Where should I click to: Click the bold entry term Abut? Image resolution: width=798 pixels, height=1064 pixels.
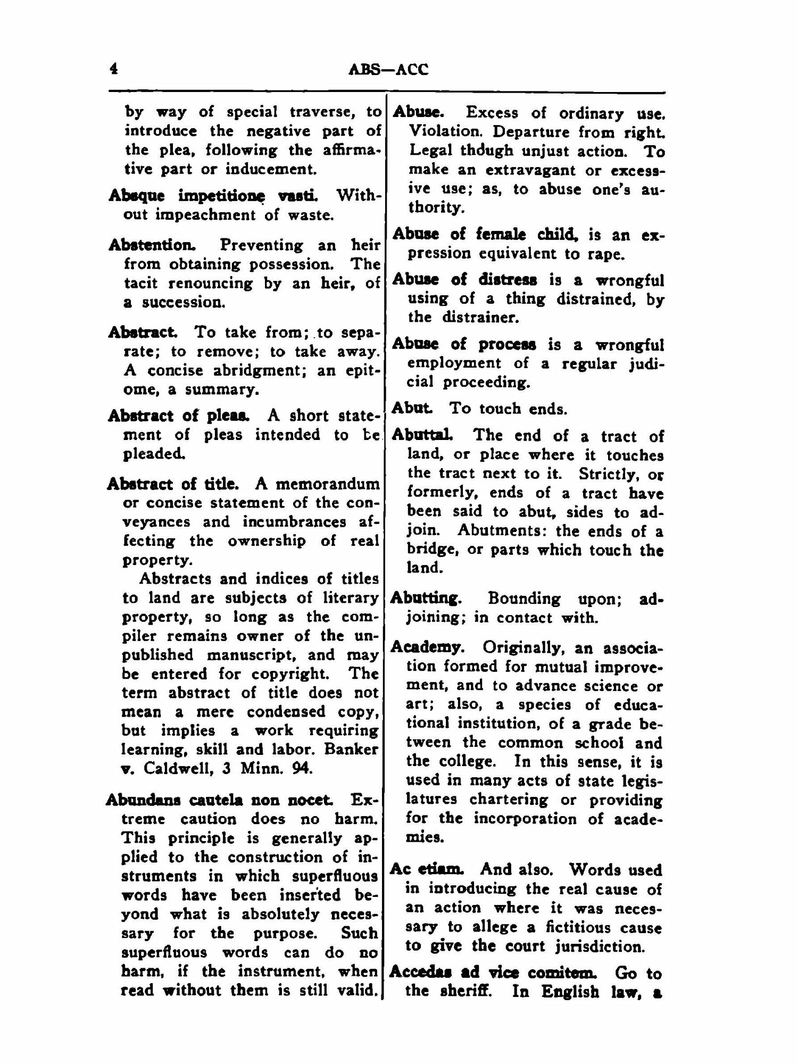coord(411,409)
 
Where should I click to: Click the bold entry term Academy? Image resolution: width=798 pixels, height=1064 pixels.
coord(426,647)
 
